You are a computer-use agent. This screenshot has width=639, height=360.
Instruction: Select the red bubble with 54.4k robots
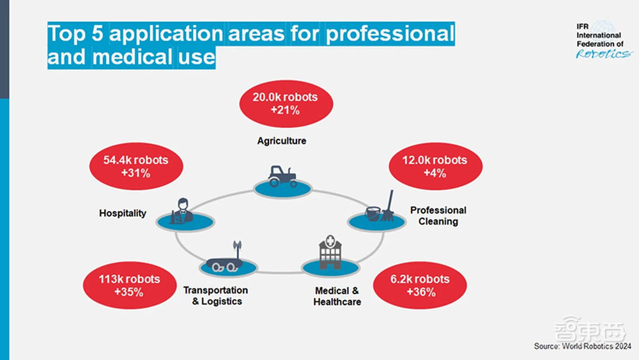(135, 166)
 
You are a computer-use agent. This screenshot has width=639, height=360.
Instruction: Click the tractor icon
(282, 176)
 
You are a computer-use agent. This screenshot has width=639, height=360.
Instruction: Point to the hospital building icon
(329, 254)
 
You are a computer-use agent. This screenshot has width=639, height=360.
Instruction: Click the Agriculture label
(282, 141)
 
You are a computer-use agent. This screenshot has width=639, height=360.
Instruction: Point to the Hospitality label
(123, 213)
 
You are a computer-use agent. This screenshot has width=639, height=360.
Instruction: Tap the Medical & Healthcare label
(337, 296)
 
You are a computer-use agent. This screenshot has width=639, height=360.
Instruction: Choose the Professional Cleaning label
(438, 215)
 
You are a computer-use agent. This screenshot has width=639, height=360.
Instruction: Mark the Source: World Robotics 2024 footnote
(583, 346)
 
